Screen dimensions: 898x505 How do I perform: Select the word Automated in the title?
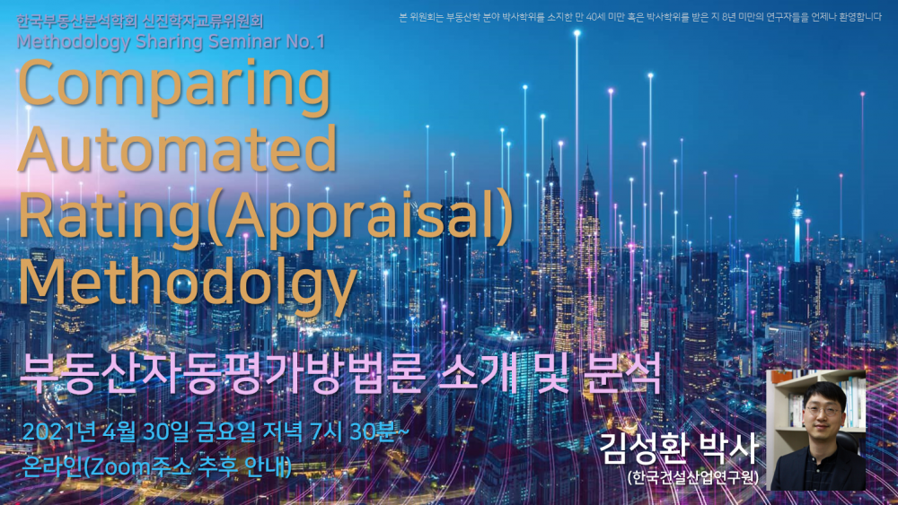[x=178, y=148]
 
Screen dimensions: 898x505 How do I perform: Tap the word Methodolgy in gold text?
[x=188, y=280]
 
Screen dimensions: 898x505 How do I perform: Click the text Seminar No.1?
[x=267, y=42]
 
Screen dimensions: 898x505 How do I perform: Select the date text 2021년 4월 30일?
[x=105, y=431]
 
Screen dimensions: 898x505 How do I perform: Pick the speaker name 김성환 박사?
[x=679, y=448]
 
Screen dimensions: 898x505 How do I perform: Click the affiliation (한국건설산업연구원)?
[x=692, y=477]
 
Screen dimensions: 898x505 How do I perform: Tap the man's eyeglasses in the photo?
[x=822, y=411]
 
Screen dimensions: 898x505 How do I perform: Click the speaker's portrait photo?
[x=816, y=430]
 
